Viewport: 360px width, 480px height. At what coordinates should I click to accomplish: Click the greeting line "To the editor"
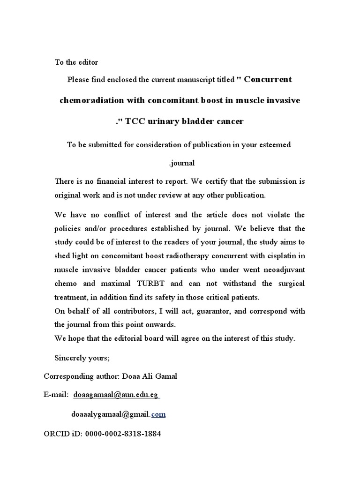point(76,62)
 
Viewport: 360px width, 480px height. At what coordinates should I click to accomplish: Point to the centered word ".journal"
point(180,164)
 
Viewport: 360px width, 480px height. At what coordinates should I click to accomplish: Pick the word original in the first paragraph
point(69,194)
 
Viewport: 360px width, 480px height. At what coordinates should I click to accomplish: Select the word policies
point(68,229)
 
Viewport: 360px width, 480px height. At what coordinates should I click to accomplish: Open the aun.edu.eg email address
point(116,396)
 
